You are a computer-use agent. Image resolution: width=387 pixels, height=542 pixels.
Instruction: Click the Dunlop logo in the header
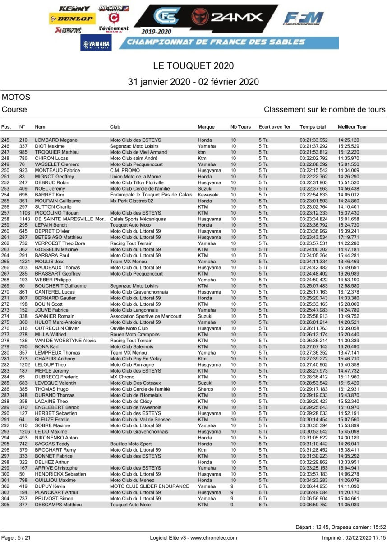click(71, 19)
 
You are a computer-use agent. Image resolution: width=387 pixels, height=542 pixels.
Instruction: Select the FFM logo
click(304, 19)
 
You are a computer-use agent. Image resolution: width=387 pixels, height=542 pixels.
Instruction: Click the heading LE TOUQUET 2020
click(193, 65)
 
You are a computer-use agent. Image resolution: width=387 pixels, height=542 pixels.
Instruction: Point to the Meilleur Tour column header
click(352, 127)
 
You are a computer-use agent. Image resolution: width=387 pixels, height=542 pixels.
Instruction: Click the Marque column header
click(206, 127)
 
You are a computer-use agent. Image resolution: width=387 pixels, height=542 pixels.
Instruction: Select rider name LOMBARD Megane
click(53, 140)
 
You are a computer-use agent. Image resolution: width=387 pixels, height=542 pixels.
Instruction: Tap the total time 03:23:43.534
click(313, 237)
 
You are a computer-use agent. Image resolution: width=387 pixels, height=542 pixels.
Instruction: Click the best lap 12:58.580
click(348, 286)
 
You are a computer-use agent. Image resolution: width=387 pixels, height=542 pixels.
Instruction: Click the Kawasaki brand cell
click(207, 195)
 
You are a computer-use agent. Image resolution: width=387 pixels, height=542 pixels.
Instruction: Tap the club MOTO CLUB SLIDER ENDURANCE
click(149, 486)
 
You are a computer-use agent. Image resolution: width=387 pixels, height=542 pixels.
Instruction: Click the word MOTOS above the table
click(16, 97)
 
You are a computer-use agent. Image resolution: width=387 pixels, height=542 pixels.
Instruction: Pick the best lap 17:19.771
click(348, 237)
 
